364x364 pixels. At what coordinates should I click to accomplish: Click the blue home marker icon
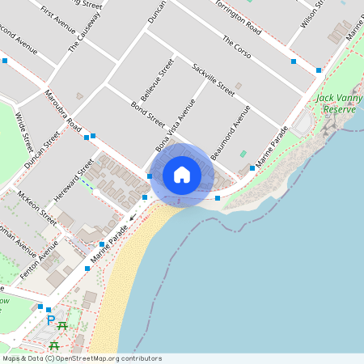point(182,175)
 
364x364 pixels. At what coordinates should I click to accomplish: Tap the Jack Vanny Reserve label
point(336,103)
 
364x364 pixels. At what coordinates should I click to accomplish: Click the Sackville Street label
point(214,78)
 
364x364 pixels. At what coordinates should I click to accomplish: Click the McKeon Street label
point(37,207)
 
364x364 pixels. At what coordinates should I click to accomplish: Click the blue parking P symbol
point(51,320)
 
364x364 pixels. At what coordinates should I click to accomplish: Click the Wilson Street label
point(311,14)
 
